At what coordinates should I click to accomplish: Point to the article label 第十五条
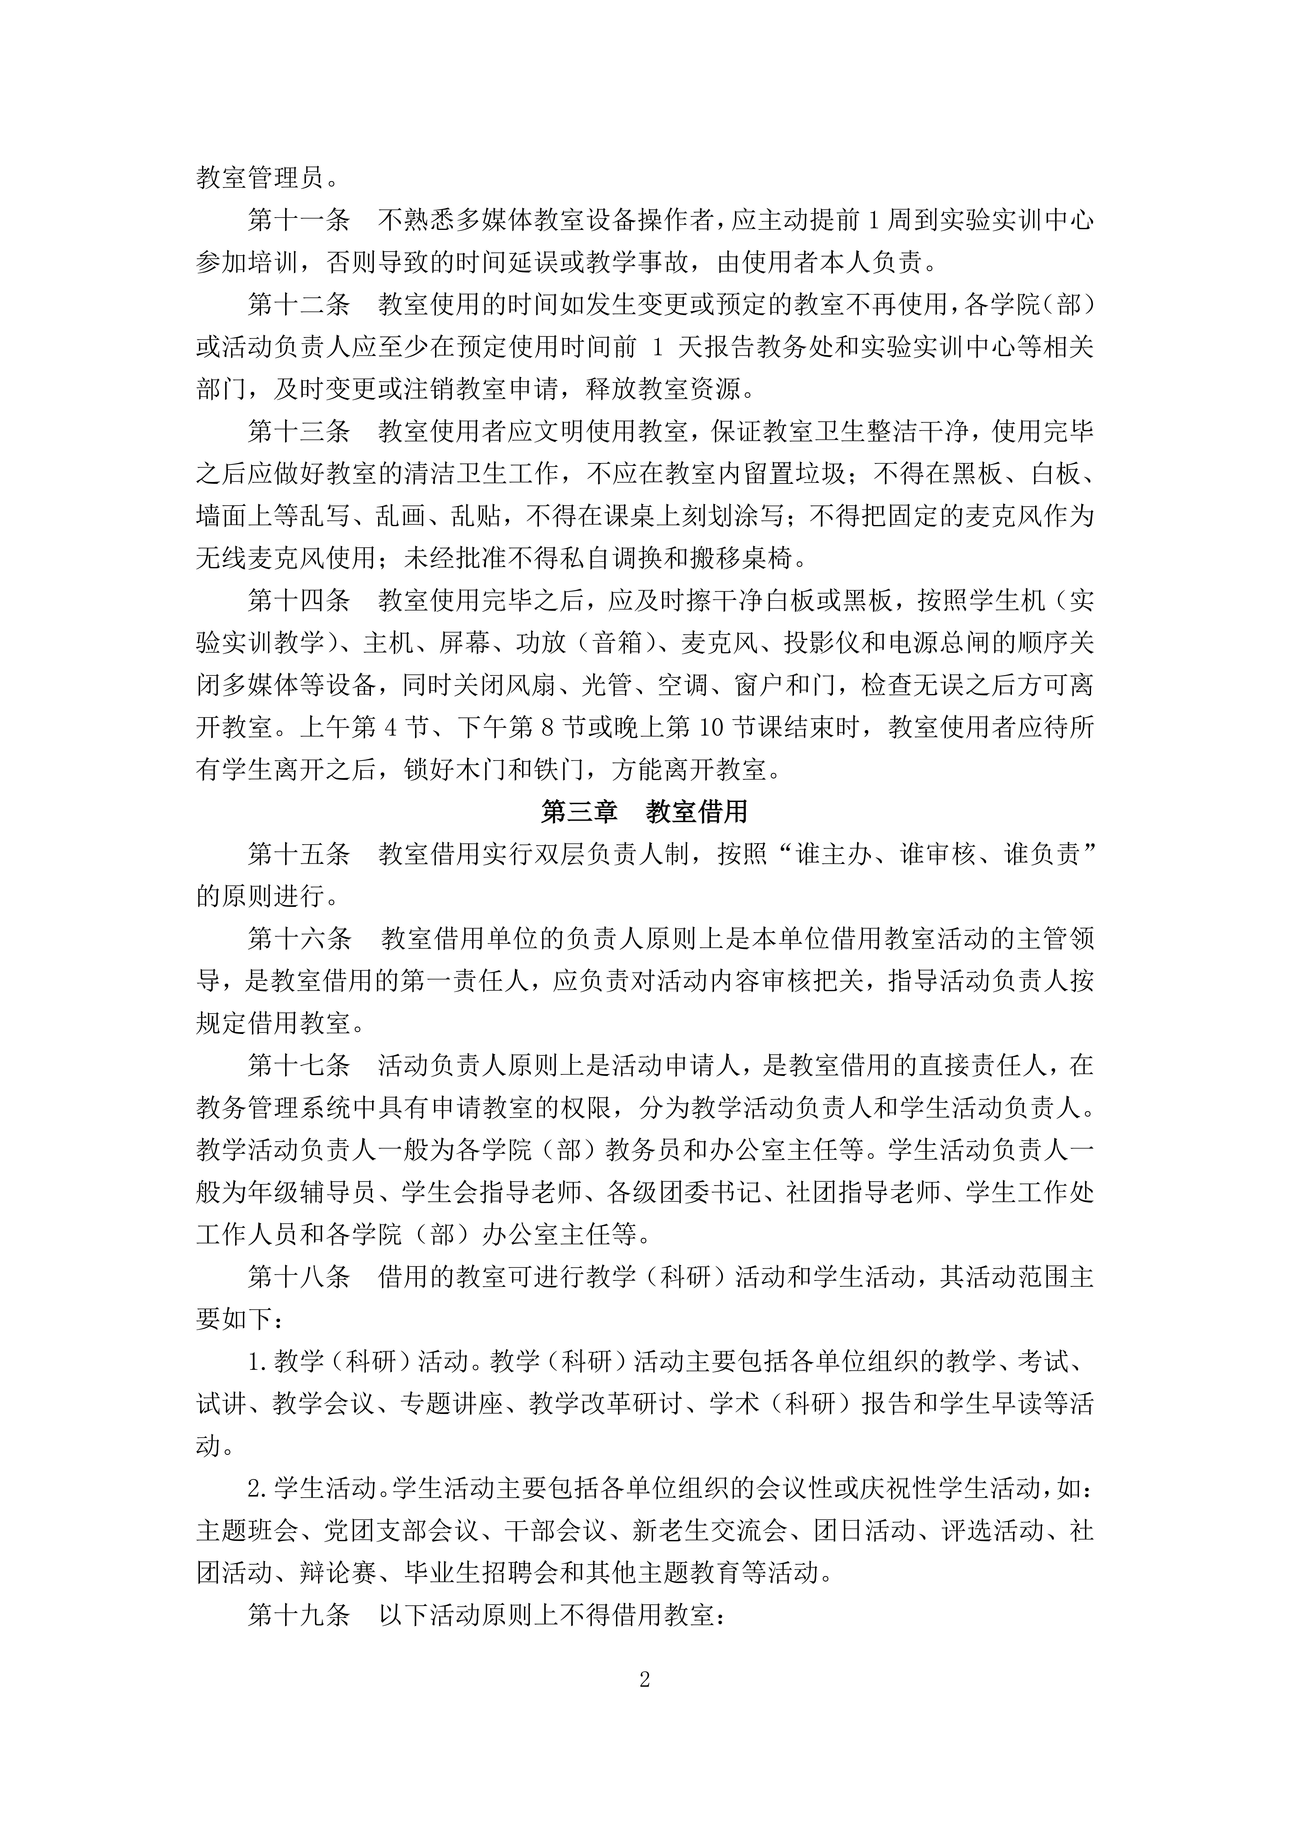[299, 854]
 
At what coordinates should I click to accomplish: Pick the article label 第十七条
[299, 1065]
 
